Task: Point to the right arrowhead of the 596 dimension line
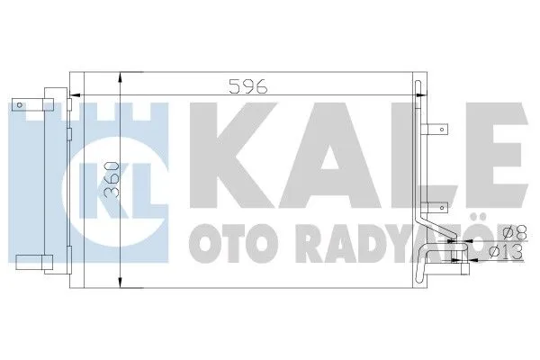[417, 94]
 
